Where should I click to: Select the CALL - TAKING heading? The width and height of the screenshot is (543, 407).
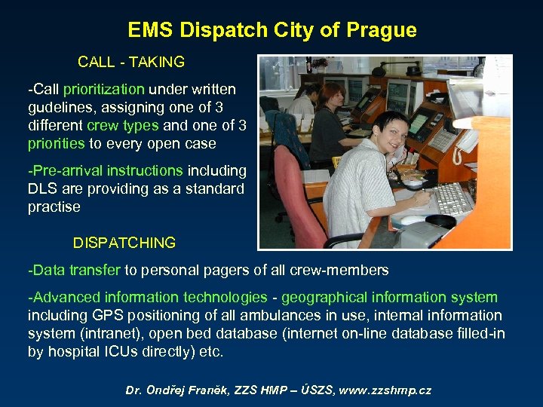[x=130, y=62]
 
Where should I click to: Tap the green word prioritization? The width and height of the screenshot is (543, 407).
[x=103, y=90]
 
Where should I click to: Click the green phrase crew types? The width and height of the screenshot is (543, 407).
[x=123, y=125]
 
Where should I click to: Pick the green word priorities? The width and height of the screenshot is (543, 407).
[x=57, y=143]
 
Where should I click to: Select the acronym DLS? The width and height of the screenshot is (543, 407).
[x=43, y=188]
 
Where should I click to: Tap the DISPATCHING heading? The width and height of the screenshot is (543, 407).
[x=124, y=243]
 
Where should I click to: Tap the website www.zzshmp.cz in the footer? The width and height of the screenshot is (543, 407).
[x=385, y=390]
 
